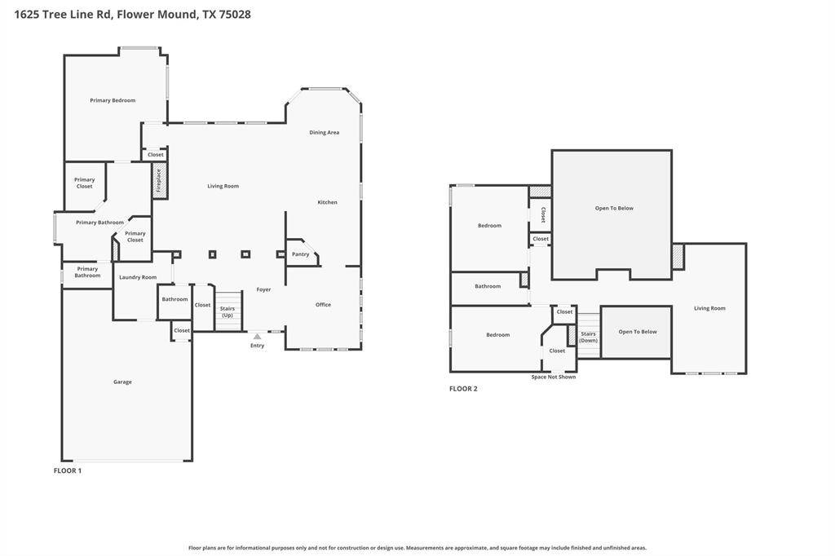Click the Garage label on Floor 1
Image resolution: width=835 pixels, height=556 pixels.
122,382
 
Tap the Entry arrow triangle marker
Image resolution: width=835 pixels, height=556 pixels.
257,337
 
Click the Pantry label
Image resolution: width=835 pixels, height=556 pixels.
300,254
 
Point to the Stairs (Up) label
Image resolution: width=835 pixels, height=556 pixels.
228,311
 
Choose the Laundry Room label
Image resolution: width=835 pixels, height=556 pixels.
138,277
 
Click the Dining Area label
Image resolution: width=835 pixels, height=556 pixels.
325,132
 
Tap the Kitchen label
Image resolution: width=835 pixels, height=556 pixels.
328,202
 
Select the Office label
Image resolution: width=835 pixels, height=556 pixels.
323,305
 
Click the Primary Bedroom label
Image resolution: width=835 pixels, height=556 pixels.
113,100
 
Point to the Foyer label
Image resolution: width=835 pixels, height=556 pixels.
263,289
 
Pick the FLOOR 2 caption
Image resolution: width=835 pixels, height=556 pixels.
463,389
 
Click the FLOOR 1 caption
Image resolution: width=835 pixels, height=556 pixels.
68,470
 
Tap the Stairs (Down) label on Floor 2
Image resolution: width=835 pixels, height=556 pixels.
589,338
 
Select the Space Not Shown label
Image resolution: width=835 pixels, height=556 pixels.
554,377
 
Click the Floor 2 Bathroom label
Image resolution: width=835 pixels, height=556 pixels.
488,286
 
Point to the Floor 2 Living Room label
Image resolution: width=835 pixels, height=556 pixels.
709,308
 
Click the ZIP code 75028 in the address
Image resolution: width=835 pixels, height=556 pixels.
234,15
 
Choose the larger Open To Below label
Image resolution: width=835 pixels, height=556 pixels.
614,208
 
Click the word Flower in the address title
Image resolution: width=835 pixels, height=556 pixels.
135,15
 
